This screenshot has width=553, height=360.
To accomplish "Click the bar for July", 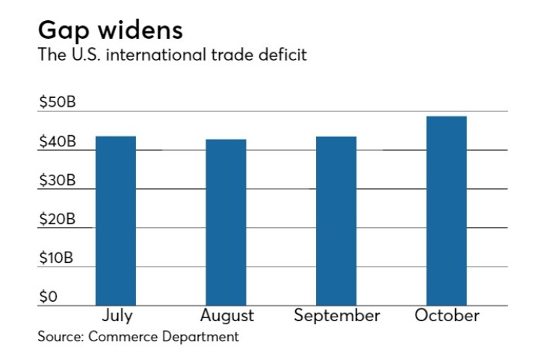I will point(116,220).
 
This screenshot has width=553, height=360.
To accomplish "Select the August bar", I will point(226,222).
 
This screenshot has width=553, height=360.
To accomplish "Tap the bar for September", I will point(336,220).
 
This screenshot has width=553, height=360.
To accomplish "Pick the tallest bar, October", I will point(446,211).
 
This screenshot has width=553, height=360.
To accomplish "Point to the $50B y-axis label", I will point(57,103).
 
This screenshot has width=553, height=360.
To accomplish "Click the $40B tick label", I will point(57,142).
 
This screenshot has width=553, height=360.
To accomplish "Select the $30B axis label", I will point(57,181).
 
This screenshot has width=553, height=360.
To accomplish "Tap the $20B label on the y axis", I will point(57,220).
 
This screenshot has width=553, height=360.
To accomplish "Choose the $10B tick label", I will point(57,258).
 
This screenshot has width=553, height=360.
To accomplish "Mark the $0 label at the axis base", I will point(48,297).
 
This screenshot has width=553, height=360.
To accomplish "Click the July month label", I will point(116,315).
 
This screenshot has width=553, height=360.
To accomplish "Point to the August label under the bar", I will point(227,316).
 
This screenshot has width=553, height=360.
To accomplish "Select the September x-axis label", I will point(336,316).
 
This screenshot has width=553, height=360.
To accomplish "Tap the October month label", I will point(447,315).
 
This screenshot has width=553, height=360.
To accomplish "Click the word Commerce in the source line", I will point(123,336).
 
